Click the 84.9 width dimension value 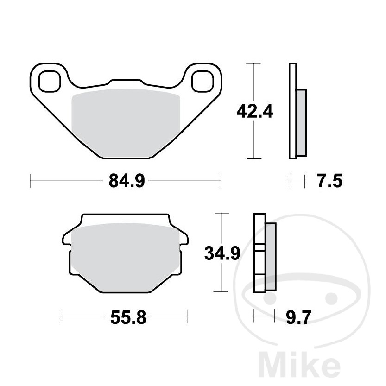click(127, 181)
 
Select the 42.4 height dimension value click(254, 112)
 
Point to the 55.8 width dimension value click(128, 317)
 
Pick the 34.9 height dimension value click(222, 253)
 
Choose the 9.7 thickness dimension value click(298, 317)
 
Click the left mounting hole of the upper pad click(50, 81)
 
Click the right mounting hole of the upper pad click(202, 81)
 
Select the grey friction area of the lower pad click(125, 257)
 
